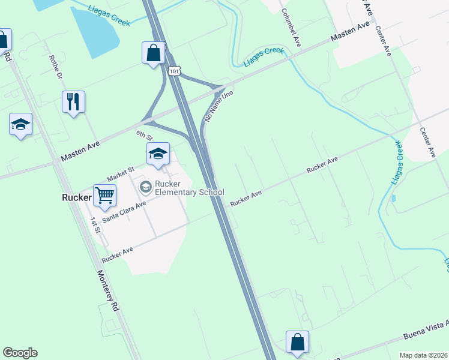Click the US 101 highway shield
(x=174, y=71)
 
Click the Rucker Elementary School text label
(x=181, y=188)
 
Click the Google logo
(x=20, y=353)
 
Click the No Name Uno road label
(x=218, y=107)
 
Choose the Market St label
(x=121, y=175)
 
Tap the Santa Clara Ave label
(x=124, y=212)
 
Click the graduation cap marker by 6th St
(x=158, y=154)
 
